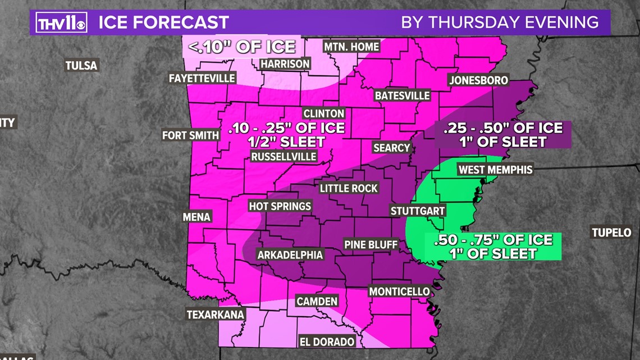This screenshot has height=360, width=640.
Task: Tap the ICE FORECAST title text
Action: point(163,22)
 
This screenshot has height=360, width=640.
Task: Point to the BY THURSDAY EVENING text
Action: point(500,22)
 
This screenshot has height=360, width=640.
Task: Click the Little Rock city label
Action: point(349,188)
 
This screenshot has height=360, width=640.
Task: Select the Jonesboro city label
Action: point(478,80)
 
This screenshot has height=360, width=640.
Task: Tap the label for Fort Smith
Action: point(190,135)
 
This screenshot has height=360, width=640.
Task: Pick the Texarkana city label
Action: point(216,315)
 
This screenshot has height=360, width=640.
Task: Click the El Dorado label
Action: point(327,341)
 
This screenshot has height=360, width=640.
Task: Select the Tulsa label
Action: point(81,66)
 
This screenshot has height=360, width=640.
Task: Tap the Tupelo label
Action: point(611,233)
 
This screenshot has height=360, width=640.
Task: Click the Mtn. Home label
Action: point(351,47)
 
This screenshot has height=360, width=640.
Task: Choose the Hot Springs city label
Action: point(280,206)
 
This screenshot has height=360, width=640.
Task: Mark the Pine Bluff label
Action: point(371,244)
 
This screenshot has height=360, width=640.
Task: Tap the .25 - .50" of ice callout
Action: point(502,134)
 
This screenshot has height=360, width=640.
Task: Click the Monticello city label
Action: point(399,291)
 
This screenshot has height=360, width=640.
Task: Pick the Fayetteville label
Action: point(202,79)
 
